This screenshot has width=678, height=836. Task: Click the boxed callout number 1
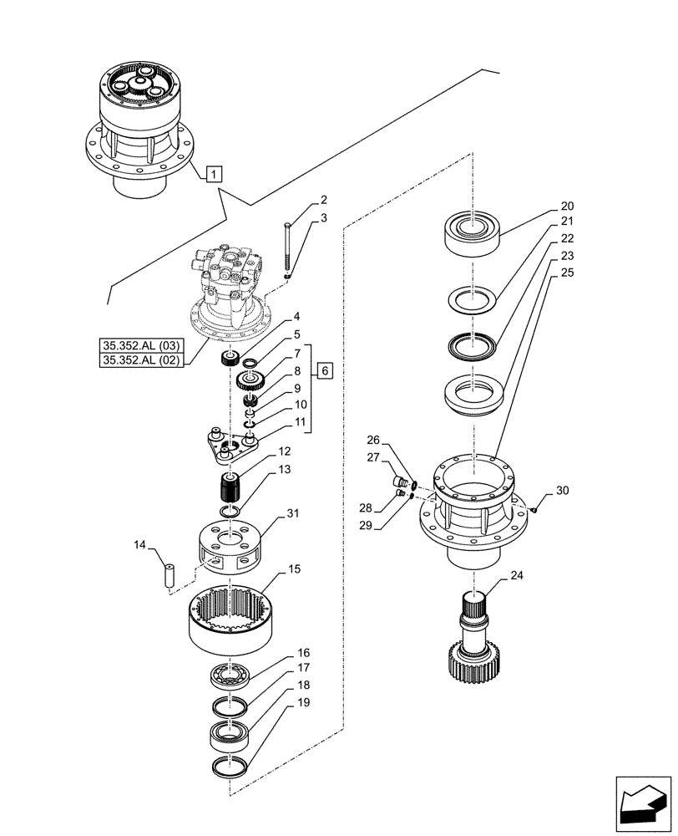click(x=215, y=175)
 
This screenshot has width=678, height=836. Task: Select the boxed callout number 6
click(x=326, y=370)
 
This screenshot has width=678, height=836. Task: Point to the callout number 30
click(x=561, y=491)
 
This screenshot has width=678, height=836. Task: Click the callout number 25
click(x=567, y=273)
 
